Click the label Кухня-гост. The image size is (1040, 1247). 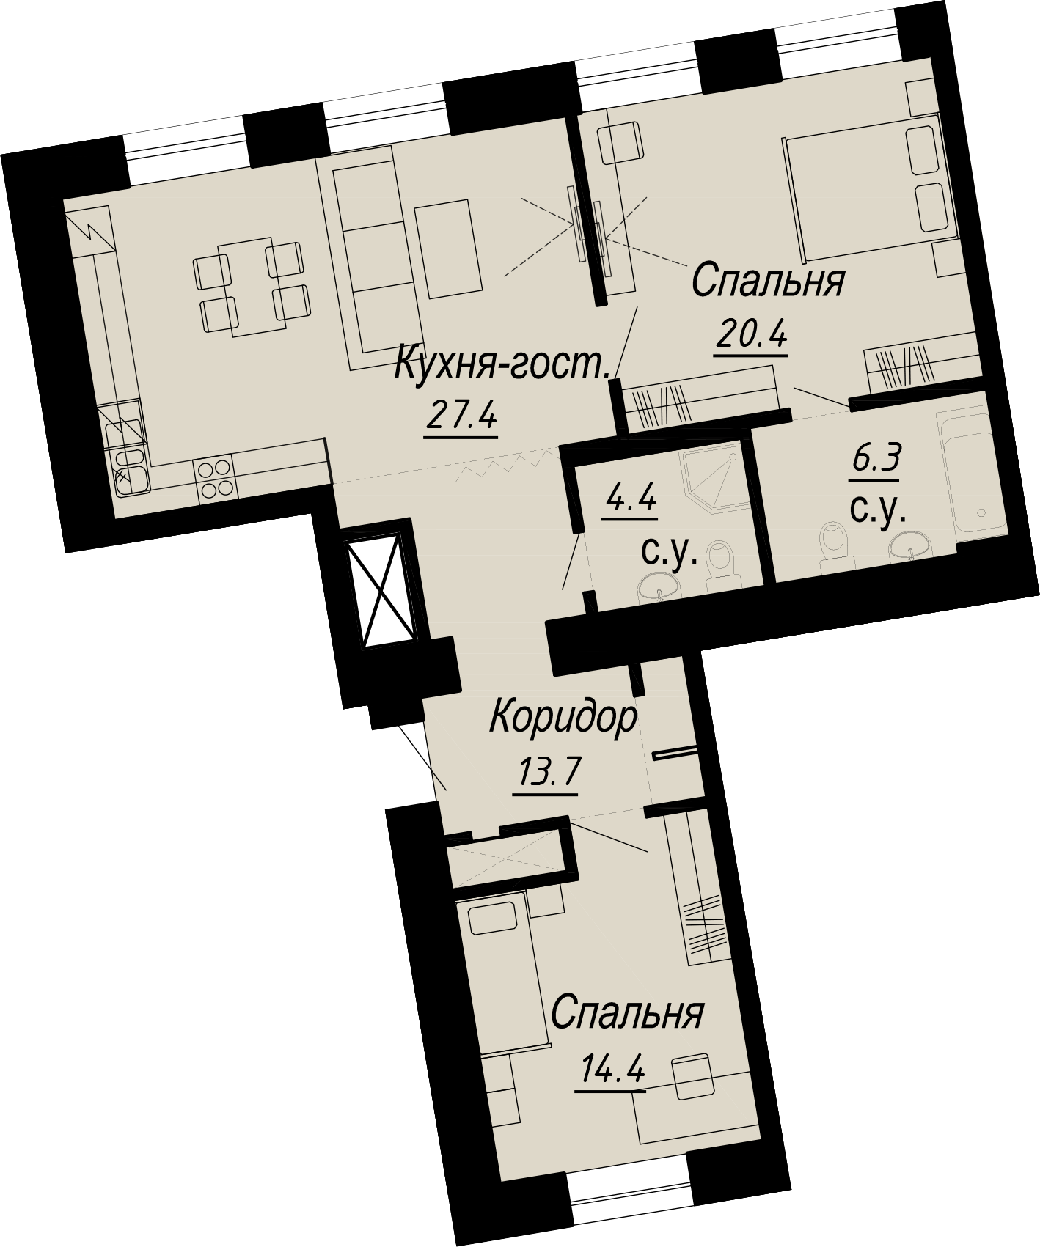pyautogui.click(x=503, y=364)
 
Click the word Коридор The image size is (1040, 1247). pyautogui.click(x=563, y=718)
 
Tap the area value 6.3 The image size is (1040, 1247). pyautogui.click(x=875, y=462)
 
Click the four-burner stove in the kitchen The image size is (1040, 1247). pyautogui.click(x=215, y=479)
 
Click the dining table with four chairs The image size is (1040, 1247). pyautogui.click(x=249, y=287)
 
